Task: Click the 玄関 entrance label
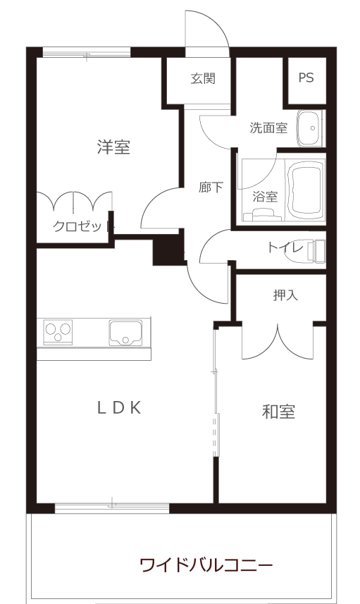203,78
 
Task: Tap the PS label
306,78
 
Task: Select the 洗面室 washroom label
268,128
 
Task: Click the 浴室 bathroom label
265,197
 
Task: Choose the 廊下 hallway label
211,187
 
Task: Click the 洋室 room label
113,147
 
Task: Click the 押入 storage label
285,295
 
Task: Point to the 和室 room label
278,412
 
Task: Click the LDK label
119,407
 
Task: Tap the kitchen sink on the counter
125,333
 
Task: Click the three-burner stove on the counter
58,333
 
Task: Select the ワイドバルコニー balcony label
206,565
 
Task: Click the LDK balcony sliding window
112,507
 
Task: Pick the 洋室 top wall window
87,52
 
